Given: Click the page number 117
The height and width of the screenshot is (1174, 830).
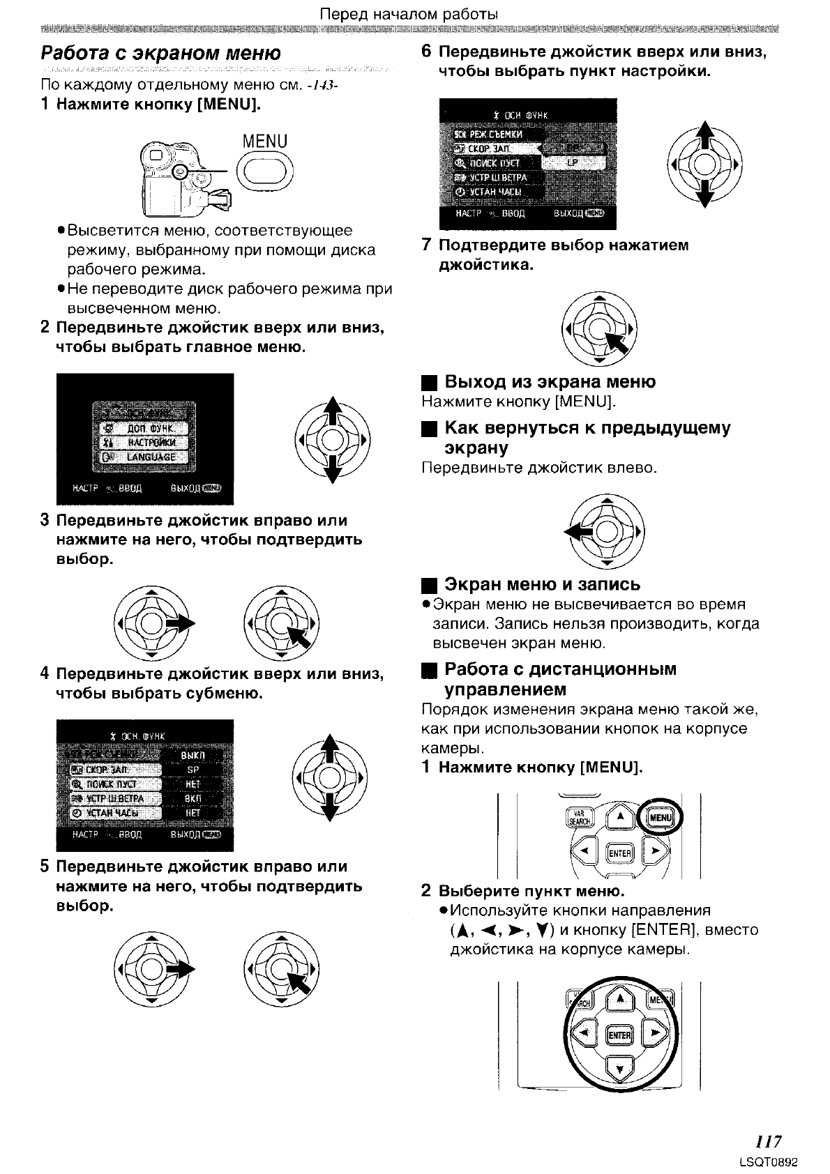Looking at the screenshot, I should (768, 1141).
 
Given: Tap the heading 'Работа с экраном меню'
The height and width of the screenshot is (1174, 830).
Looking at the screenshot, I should (161, 54).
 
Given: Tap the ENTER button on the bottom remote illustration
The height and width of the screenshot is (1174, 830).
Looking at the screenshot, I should (620, 1035).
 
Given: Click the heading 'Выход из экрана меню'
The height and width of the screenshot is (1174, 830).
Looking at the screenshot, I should (550, 382).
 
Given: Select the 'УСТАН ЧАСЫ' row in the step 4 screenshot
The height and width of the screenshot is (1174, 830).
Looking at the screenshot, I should (115, 813).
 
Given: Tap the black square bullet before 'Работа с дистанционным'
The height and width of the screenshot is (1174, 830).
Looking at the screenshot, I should (429, 671).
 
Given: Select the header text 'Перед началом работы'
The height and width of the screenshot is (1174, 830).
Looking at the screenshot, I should (409, 14).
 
